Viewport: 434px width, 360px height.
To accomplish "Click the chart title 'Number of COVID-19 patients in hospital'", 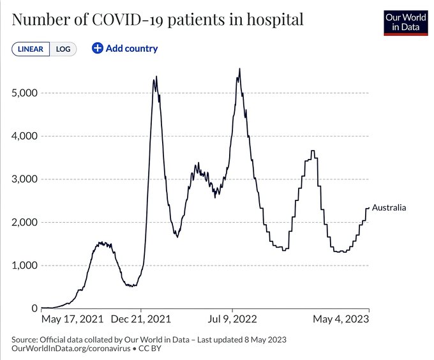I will (x=157, y=20).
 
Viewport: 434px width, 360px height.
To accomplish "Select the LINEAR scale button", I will (x=31, y=49).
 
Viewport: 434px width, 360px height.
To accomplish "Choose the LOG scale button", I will (x=63, y=49).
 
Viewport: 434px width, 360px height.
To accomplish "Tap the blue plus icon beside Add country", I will (x=98, y=49).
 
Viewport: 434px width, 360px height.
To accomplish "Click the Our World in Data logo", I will (x=405, y=22).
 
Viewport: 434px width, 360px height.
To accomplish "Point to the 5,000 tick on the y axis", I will (x=25, y=93).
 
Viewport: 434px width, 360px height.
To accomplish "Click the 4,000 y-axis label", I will (x=25, y=136).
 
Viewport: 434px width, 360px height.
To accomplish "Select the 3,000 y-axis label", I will (x=25, y=179).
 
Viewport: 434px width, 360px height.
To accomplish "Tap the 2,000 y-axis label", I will (x=25, y=222).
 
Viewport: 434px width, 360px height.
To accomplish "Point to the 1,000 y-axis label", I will (x=25, y=266).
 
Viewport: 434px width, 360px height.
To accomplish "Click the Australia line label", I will (x=389, y=208).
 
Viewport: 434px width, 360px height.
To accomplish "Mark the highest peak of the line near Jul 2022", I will (x=239, y=69).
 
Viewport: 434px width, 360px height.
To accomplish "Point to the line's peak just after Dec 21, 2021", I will (x=155, y=78).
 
